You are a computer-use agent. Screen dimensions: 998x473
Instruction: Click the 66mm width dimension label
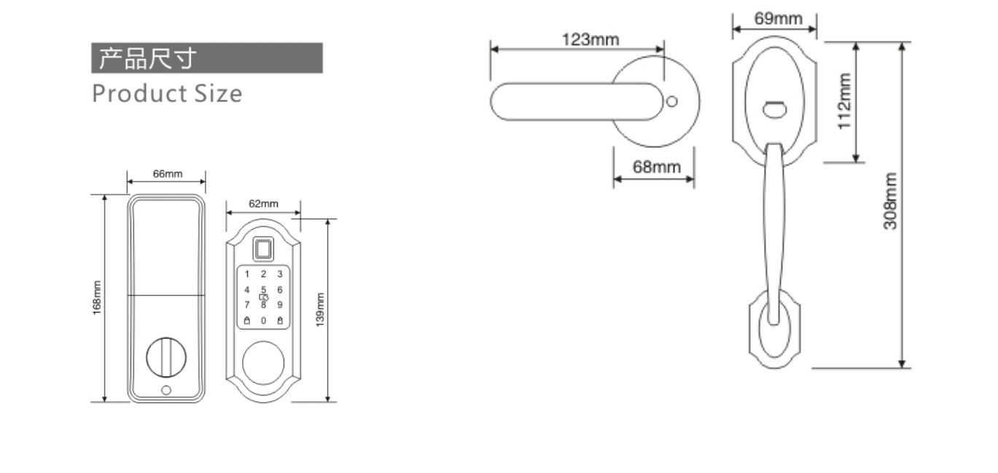pyautogui.click(x=168, y=173)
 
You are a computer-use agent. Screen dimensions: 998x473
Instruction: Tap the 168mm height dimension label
pyautogui.click(x=97, y=297)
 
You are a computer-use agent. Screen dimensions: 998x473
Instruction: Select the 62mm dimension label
pyautogui.click(x=263, y=203)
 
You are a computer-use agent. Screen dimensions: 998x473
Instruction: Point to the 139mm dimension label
pyautogui.click(x=320, y=310)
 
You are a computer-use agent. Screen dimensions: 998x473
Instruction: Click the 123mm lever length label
pyautogui.click(x=590, y=39)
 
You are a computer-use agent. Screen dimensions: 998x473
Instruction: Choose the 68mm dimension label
pyautogui.click(x=657, y=167)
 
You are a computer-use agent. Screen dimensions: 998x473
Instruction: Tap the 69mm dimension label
pyautogui.click(x=778, y=19)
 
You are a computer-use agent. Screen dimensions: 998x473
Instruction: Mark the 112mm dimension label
pyautogui.click(x=844, y=101)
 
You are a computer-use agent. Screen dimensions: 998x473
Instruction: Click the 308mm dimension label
pyautogui.click(x=889, y=201)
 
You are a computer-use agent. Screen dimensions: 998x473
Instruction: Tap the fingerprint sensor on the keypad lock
pyautogui.click(x=263, y=249)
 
